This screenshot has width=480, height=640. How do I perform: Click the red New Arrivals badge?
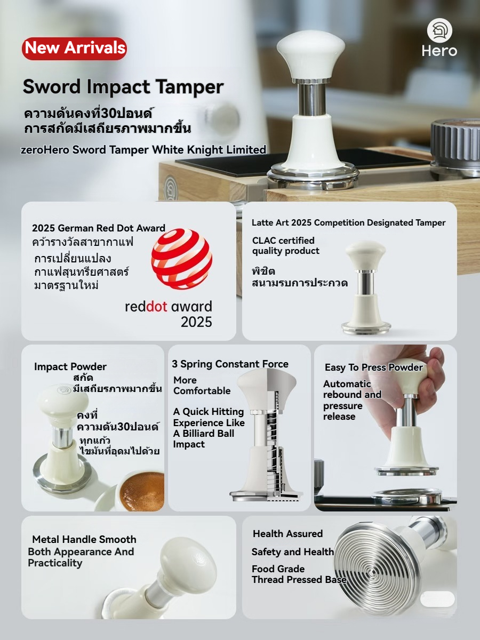75,48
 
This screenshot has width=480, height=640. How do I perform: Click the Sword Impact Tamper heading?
123,87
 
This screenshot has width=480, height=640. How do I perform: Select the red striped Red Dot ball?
181,259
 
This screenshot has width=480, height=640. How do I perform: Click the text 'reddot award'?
168,307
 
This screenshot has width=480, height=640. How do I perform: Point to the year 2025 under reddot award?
196,322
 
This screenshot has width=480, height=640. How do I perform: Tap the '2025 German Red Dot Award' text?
99,228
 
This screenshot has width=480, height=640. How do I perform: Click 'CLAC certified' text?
283,241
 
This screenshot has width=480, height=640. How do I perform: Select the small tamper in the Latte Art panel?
365,288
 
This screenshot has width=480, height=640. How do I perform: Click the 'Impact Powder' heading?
70,367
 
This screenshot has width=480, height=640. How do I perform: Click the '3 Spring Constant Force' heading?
230,364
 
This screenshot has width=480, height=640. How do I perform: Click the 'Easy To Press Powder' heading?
373,367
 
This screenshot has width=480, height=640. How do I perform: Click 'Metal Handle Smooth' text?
84,539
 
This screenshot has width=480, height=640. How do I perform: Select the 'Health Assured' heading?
287,534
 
